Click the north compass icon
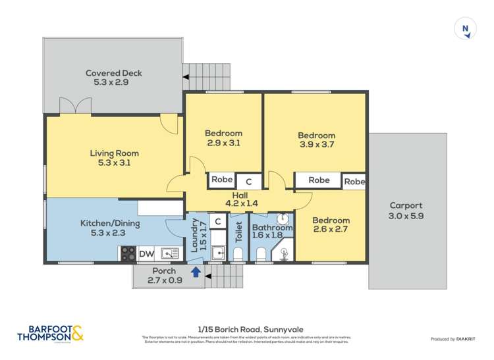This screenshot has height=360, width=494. (x=466, y=29)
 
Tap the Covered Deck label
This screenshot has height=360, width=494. (x=114, y=78)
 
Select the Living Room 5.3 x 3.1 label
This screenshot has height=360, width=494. (x=115, y=158)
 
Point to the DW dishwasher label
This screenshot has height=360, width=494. (x=146, y=253)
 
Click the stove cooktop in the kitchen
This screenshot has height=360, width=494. (x=127, y=253)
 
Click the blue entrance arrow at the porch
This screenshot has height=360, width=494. (x=196, y=271)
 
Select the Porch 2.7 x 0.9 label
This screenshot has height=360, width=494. (x=164, y=275)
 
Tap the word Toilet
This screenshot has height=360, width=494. (x=239, y=232)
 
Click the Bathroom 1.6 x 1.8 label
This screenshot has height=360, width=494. (x=271, y=232)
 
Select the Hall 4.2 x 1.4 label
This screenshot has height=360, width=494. (x=240, y=198)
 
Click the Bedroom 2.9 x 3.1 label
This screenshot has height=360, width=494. (x=223, y=138)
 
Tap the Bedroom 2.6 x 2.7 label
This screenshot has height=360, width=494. (x=331, y=225)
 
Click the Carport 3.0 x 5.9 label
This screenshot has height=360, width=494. (x=406, y=210)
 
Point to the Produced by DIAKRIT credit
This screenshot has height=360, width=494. (x=453, y=339)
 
